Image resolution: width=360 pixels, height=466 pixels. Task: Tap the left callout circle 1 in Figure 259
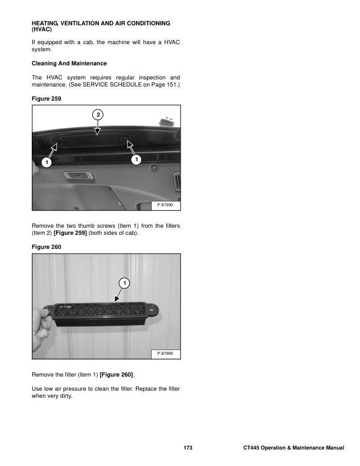(45, 160)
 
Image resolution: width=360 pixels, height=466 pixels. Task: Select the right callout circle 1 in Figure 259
(136, 159)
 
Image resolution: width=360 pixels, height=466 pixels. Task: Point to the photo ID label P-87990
(167, 205)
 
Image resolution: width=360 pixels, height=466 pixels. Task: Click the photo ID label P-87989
(167, 353)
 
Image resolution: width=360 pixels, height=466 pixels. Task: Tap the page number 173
(188, 449)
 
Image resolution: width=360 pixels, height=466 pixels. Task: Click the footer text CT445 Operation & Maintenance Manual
(293, 449)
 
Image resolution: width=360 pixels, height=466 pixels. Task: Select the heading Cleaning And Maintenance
(69, 63)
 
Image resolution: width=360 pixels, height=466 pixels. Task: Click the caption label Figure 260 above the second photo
(45, 247)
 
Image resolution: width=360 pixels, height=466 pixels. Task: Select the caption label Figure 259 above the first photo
(45, 99)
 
